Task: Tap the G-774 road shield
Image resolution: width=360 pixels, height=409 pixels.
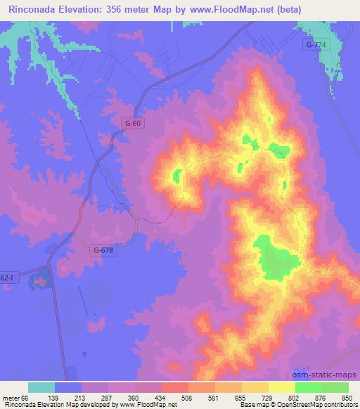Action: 316,45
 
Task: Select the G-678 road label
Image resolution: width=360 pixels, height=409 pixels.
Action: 102,249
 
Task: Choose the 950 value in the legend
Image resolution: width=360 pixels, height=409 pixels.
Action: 347,398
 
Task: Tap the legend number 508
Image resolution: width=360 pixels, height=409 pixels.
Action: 187,398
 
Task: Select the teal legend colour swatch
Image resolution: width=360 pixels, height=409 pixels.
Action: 41,387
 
